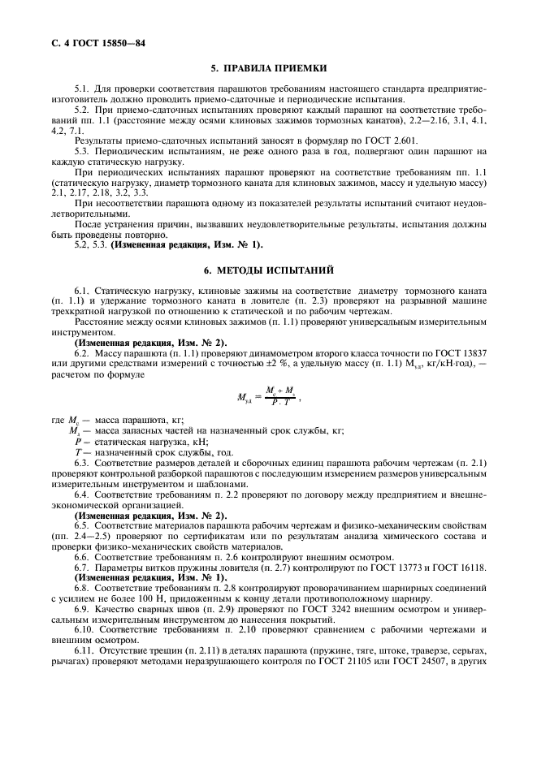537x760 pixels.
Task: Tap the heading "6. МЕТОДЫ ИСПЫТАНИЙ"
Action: click(268, 269)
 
